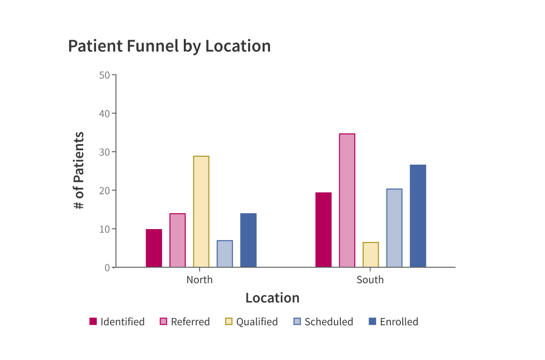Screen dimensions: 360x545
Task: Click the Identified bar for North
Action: (x=154, y=248)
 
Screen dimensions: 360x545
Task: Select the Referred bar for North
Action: (x=177, y=240)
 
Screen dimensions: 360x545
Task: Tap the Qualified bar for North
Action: (x=201, y=212)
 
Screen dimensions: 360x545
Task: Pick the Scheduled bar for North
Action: (x=224, y=254)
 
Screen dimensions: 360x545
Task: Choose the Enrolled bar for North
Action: (x=248, y=240)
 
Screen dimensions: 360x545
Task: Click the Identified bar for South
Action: (x=324, y=230)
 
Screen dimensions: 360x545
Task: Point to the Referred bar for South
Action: (x=347, y=200)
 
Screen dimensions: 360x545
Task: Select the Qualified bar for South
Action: (x=371, y=255)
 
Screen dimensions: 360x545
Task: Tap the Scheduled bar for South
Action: (x=394, y=228)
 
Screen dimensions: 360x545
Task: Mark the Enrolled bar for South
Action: (x=418, y=216)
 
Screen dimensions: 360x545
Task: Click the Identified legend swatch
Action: (x=93, y=321)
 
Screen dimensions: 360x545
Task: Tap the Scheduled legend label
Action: (x=328, y=321)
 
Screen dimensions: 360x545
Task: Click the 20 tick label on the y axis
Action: (x=104, y=190)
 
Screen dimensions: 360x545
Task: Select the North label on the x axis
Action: (x=199, y=280)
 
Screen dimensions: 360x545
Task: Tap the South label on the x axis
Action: (x=370, y=280)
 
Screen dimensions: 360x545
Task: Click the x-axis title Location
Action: (x=272, y=298)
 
